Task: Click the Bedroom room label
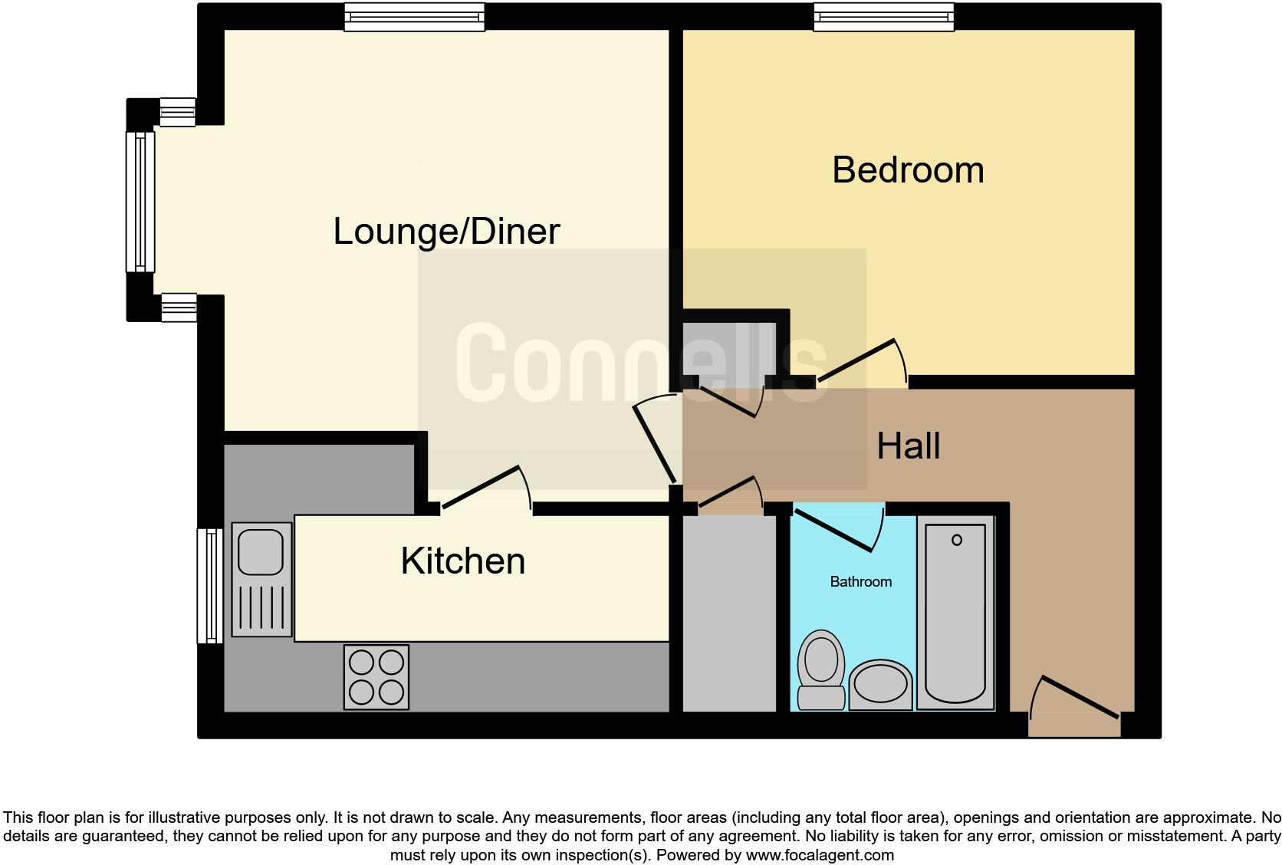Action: pyautogui.click(x=908, y=170)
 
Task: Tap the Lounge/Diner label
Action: pyautogui.click(x=446, y=232)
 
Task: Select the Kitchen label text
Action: pyautogui.click(x=462, y=561)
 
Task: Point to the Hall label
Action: pyautogui.click(x=908, y=446)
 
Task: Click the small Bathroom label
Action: pyautogui.click(x=860, y=582)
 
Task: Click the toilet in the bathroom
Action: pyautogui.click(x=820, y=667)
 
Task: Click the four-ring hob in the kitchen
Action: pyautogui.click(x=376, y=676)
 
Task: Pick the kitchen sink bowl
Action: pyautogui.click(x=261, y=550)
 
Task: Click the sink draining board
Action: pyautogui.click(x=261, y=607)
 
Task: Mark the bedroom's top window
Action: pyautogui.click(x=883, y=17)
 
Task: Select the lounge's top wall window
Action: pyautogui.click(x=414, y=17)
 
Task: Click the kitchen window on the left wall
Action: pyautogui.click(x=209, y=585)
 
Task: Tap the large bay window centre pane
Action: pyautogui.click(x=140, y=202)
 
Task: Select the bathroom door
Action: pyautogui.click(x=836, y=528)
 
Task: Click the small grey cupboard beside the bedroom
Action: pyautogui.click(x=728, y=349)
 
